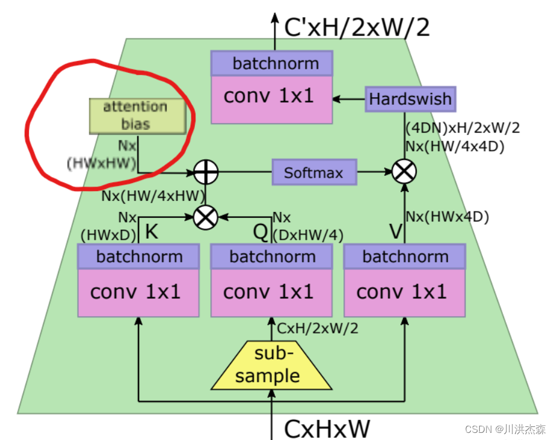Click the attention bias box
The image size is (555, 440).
(137, 115)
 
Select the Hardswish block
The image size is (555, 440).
(410, 99)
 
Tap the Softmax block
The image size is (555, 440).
(314, 173)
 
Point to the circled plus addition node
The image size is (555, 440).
(206, 173)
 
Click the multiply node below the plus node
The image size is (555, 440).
(206, 217)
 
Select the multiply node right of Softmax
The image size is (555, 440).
(405, 172)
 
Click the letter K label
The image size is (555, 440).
(151, 232)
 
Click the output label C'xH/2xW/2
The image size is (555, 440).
(357, 27)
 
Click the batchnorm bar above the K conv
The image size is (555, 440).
(139, 256)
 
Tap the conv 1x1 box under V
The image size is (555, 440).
(405, 292)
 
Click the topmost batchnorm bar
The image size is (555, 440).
(272, 63)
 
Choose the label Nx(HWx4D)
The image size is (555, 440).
(447, 217)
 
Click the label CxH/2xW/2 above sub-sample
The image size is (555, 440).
(317, 327)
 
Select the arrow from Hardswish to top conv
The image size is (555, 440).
(349, 99)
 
